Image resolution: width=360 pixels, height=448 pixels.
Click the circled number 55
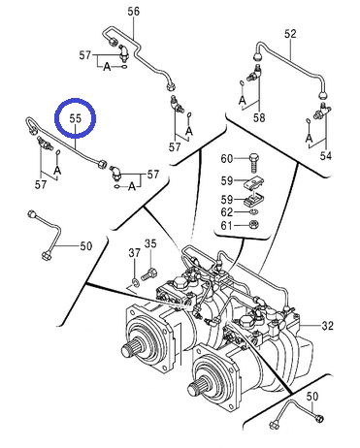(x=76, y=118)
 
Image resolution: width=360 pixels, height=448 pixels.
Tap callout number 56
(x=133, y=12)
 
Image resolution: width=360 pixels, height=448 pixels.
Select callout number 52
(x=290, y=34)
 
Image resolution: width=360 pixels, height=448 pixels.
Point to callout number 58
(x=259, y=117)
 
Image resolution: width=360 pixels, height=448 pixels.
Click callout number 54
(x=326, y=156)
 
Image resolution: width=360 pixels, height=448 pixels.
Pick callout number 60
(x=227, y=159)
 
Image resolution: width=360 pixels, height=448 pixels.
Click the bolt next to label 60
(x=253, y=164)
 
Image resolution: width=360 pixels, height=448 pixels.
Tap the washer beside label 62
(x=254, y=211)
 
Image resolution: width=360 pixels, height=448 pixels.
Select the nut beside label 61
(x=255, y=224)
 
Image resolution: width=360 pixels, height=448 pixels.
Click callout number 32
(x=327, y=326)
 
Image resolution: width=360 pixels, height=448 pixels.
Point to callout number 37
(x=134, y=253)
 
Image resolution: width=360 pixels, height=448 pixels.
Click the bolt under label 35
(x=149, y=274)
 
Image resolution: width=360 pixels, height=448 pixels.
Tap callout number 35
(x=150, y=243)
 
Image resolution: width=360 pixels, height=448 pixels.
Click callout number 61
(x=227, y=225)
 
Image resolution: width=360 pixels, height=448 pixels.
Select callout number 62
(x=227, y=212)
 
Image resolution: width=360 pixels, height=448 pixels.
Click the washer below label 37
(x=136, y=281)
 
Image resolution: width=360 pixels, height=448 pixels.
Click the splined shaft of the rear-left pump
(x=130, y=349)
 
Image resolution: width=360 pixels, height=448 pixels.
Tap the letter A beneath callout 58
(x=243, y=100)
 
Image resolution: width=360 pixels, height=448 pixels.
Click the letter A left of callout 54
(x=310, y=138)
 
